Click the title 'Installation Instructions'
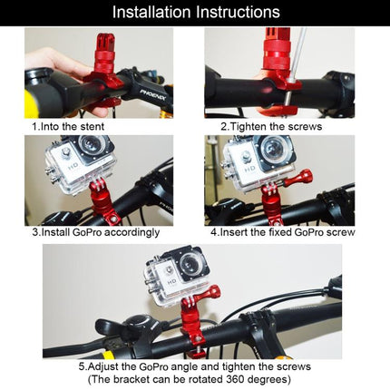(195, 13)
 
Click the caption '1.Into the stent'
(70, 126)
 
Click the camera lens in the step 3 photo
(90, 148)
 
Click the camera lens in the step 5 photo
(189, 267)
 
